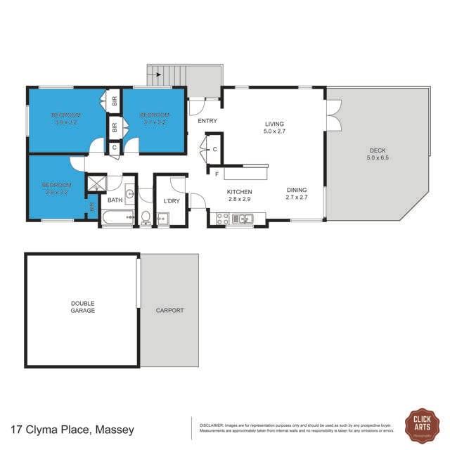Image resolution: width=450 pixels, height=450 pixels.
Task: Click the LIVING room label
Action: [274, 123]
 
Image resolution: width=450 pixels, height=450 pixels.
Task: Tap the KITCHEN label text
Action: [239, 192]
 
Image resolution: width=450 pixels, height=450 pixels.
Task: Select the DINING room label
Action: [297, 190]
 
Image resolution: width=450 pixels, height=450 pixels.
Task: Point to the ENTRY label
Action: [207, 121]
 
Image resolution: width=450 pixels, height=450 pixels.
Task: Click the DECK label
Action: [378, 150]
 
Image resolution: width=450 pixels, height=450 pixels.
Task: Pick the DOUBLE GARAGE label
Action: [83, 307]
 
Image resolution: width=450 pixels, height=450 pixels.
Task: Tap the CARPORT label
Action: [169, 310]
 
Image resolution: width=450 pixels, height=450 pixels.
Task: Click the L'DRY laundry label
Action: [172, 202]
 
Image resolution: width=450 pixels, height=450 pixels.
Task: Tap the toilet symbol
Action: [146, 217]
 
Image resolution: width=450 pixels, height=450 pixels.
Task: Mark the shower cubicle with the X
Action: [95, 183]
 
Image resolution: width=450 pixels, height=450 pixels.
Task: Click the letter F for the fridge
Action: [217, 173]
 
